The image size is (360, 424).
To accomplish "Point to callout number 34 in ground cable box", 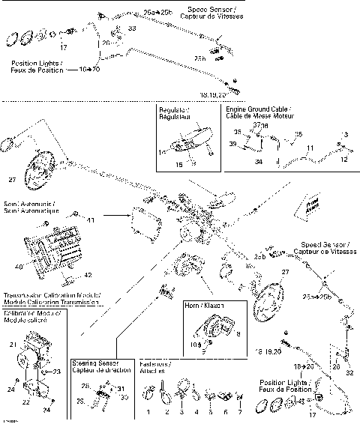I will (259, 160).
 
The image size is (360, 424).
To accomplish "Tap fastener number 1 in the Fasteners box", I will (148, 412).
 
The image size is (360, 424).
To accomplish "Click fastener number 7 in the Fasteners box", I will (240, 412).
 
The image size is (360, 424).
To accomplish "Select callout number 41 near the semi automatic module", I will (89, 222).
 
